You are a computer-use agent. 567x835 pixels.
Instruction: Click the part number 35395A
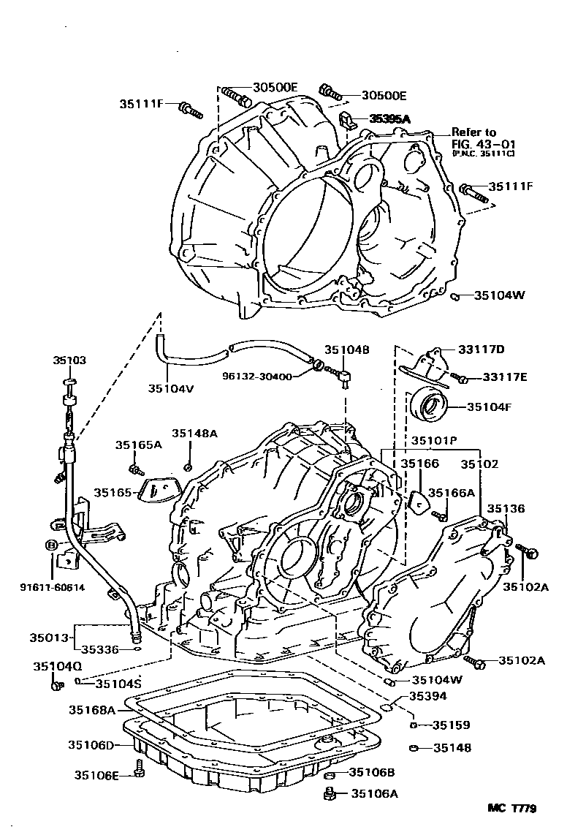coord(390,118)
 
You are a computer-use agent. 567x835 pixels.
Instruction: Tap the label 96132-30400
coord(257,377)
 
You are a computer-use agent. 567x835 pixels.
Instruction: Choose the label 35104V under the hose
coord(170,388)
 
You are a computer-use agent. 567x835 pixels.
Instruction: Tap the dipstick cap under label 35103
coord(70,382)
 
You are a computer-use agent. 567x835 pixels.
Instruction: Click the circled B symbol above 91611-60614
coord(51,545)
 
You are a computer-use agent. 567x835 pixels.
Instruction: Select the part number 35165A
coord(138,445)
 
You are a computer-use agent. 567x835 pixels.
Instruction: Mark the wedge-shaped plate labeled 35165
coord(156,491)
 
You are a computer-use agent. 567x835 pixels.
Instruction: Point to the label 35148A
coord(194,434)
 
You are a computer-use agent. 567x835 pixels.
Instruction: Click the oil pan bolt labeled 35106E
coord(139,768)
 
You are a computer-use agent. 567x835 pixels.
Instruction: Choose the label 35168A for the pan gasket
coord(92,709)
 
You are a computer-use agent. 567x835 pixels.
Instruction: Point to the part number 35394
coord(427,696)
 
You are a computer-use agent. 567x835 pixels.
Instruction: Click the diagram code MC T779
coord(512,809)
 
